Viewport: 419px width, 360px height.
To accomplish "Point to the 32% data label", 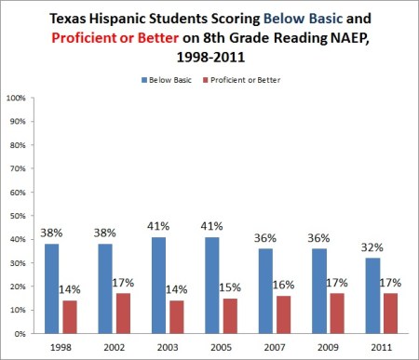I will [372, 247].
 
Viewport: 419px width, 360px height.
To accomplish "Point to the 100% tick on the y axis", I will [15, 97].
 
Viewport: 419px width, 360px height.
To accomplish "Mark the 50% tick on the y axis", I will [17, 215].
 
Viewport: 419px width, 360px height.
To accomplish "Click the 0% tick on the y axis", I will [19, 333].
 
